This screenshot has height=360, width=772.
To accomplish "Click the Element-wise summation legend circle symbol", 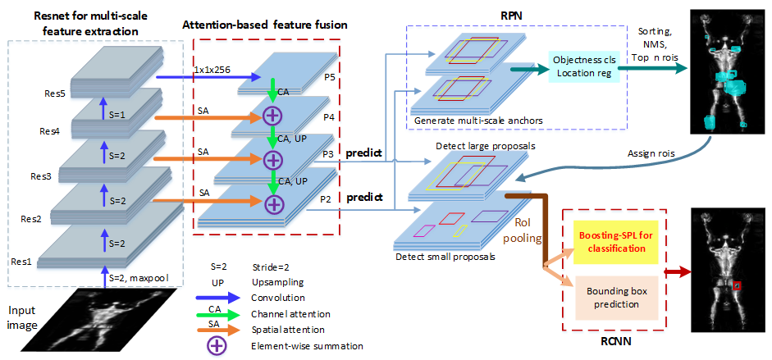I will (217, 346).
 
